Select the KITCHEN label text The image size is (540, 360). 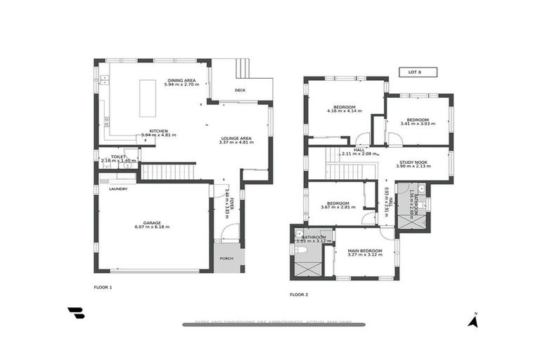[157, 130]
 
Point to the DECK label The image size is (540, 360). [240, 90]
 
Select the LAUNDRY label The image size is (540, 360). [117, 188]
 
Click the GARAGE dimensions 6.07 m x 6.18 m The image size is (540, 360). [153, 228]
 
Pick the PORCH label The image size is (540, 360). [226, 257]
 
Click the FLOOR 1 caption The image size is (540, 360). [103, 287]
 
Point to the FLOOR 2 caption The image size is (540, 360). [299, 294]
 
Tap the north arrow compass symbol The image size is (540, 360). [474, 321]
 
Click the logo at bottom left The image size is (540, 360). [76, 313]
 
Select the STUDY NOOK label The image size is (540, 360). [412, 162]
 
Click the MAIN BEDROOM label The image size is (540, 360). [365, 250]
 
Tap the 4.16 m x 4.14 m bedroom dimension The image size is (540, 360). [345, 111]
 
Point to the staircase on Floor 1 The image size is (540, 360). [167, 172]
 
